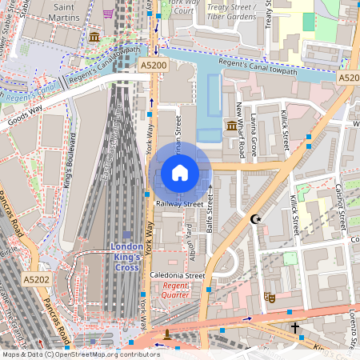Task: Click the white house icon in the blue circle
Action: click(x=180, y=172)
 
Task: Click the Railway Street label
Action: click(x=180, y=204)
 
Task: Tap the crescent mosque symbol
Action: click(x=256, y=218)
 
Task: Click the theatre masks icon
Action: click(x=270, y=296)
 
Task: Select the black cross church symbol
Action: click(x=294, y=328)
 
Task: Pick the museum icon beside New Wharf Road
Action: click(x=231, y=126)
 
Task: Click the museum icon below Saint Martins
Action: click(x=94, y=38)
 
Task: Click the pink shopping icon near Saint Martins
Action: click(x=108, y=14)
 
